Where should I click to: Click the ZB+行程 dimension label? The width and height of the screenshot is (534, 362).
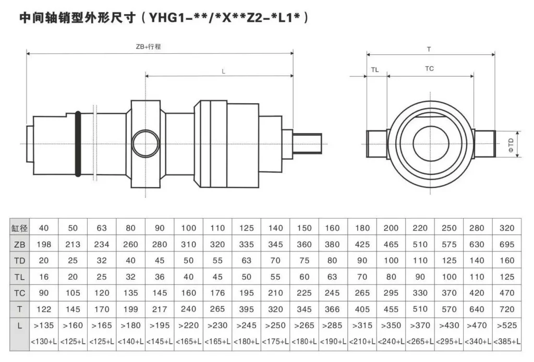tap(148, 46)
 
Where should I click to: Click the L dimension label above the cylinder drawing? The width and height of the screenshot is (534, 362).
tap(223, 70)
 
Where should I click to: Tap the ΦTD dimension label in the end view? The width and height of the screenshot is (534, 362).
tap(511, 144)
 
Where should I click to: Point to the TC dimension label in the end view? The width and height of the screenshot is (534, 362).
tap(429, 68)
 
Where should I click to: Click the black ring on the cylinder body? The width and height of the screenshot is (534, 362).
tap(78, 143)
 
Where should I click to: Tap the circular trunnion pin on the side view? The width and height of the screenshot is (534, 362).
tap(145, 143)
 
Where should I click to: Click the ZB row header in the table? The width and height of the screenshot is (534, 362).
tap(19, 244)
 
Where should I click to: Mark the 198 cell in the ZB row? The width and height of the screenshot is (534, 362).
tap(44, 244)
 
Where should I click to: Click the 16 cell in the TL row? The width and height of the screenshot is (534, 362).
tap(44, 277)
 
